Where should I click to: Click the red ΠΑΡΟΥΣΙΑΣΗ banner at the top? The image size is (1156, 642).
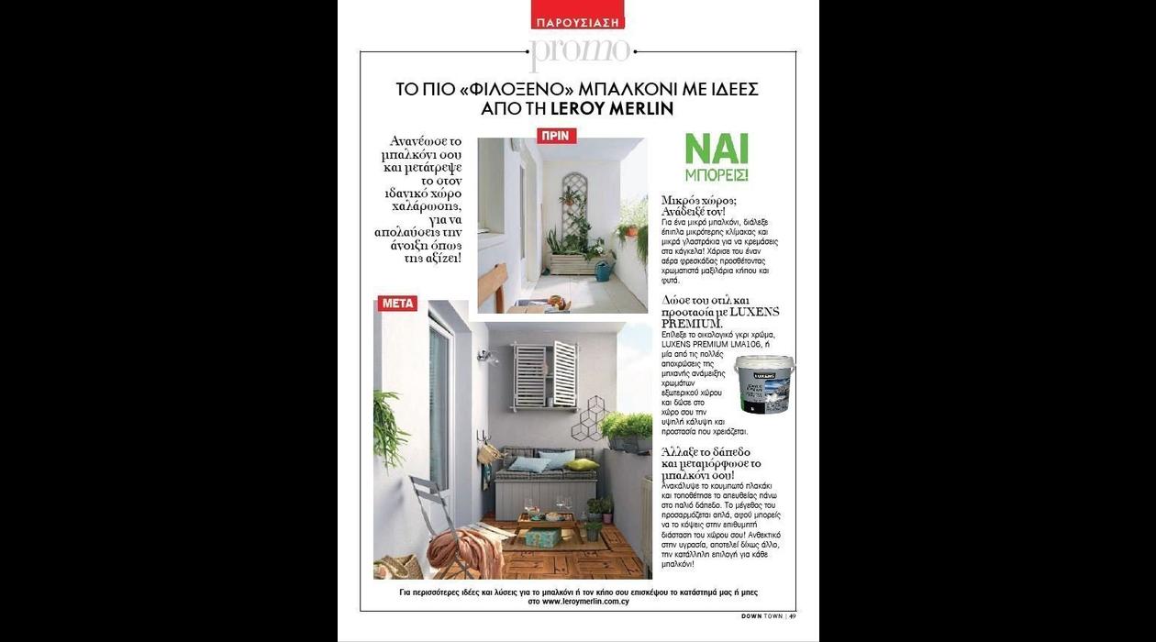[577, 20]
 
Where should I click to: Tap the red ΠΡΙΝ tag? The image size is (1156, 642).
[556, 136]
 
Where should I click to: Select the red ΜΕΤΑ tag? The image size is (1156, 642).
[397, 304]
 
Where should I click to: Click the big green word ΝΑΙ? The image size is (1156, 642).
[717, 149]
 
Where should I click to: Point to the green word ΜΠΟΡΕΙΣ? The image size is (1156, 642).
[717, 174]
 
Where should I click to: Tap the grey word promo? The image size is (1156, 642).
[580, 51]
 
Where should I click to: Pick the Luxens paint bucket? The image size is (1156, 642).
[764, 383]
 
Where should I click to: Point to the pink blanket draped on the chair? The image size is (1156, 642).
[464, 548]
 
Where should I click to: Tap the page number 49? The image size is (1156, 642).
[792, 616]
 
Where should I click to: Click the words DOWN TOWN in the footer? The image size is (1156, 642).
[761, 616]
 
